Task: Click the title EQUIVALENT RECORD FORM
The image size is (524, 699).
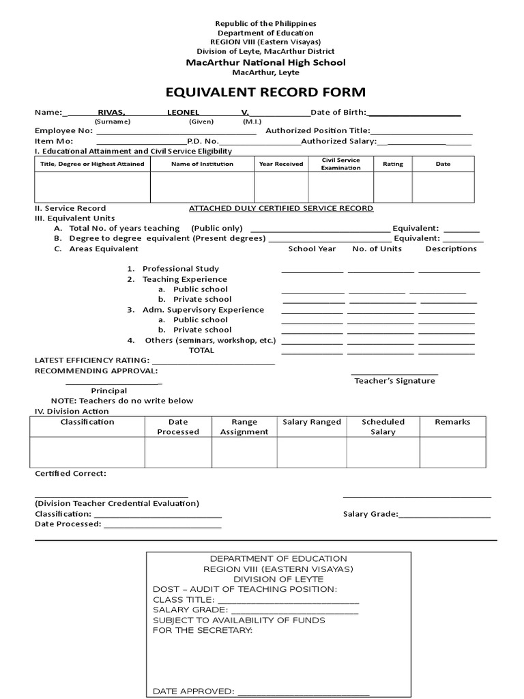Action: pos(266,92)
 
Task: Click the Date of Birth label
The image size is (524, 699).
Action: pos(338,112)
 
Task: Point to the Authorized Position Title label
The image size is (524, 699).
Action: pos(317,130)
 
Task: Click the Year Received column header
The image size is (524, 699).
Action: pos(281,164)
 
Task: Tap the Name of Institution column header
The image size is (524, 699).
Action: pos(202,164)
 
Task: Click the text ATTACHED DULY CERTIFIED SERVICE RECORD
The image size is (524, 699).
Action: pos(281,208)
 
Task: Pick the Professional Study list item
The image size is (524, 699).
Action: pos(180,269)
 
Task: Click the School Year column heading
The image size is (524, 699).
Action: pos(312,248)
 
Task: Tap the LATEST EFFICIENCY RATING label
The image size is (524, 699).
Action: pos(91,360)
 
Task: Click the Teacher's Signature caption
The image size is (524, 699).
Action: pos(394,381)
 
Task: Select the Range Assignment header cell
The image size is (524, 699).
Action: pos(244,427)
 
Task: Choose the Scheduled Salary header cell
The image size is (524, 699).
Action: pos(383,427)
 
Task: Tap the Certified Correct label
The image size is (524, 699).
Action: pos(70,473)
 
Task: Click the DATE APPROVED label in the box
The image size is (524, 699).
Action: pos(193,691)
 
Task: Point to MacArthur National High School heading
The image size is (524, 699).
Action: pos(266,62)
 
